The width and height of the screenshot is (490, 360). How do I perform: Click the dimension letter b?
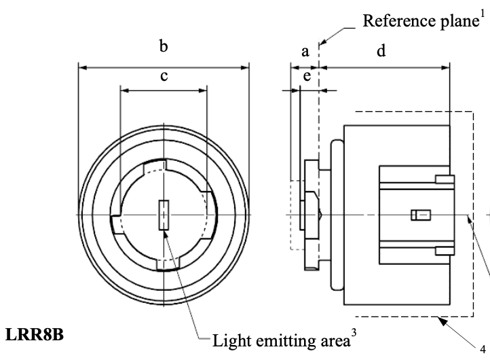(x=164, y=47)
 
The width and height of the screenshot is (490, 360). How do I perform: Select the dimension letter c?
(x=164, y=76)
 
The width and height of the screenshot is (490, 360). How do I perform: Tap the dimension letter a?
(x=305, y=51)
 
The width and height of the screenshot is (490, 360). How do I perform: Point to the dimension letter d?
(x=381, y=51)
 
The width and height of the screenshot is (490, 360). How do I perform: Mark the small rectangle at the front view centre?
(x=164, y=215)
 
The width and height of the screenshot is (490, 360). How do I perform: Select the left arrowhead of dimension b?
(x=82, y=67)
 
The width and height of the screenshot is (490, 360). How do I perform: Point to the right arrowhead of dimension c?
(x=204, y=89)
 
